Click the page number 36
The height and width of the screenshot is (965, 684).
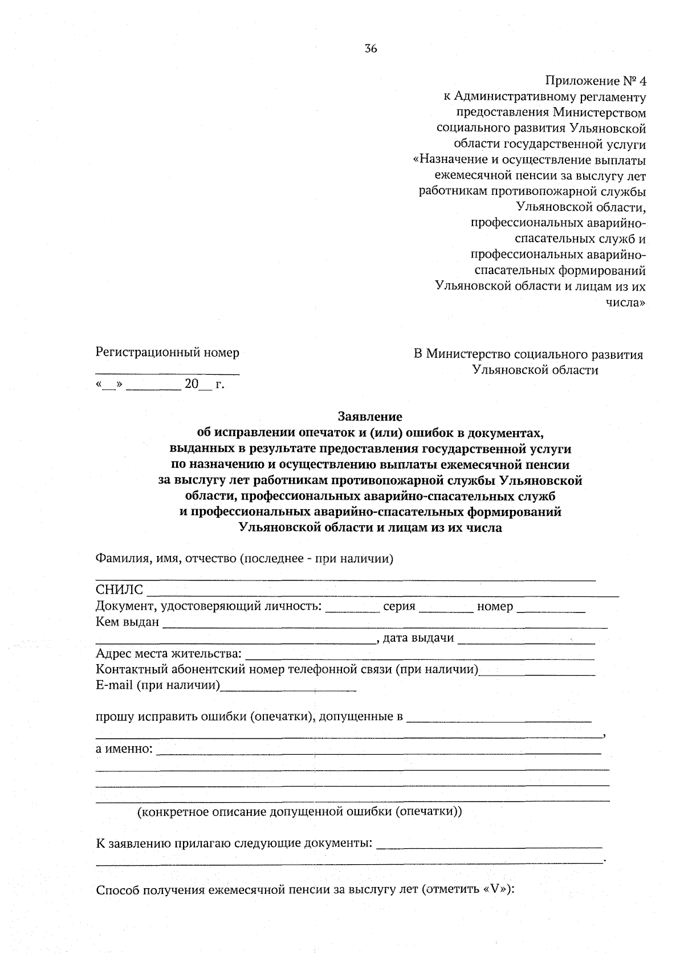[370, 49]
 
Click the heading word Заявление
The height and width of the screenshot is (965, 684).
[370, 416]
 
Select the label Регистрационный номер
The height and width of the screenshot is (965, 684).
[168, 353]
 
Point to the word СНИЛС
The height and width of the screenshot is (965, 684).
[120, 590]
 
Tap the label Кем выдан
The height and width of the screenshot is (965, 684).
[128, 621]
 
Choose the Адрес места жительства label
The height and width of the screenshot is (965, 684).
[169, 653]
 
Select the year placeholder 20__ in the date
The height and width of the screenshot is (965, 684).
[198, 385]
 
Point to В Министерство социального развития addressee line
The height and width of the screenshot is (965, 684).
[528, 355]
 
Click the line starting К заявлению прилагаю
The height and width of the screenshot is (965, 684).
[234, 843]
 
